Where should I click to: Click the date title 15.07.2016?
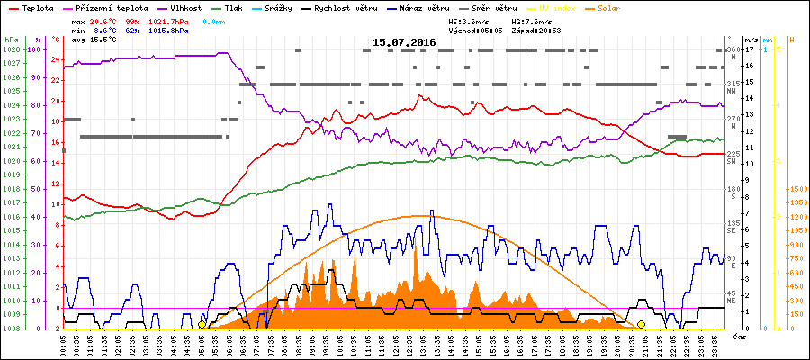(404, 42)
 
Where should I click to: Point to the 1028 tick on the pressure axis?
(11, 49)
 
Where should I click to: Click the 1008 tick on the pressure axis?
(11, 328)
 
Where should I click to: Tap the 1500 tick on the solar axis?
(798, 189)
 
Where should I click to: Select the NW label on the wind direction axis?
(732, 90)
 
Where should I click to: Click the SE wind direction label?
(732, 229)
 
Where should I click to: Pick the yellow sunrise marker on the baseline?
(202, 324)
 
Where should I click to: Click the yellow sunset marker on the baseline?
(641, 324)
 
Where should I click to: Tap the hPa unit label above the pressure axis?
(11, 40)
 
